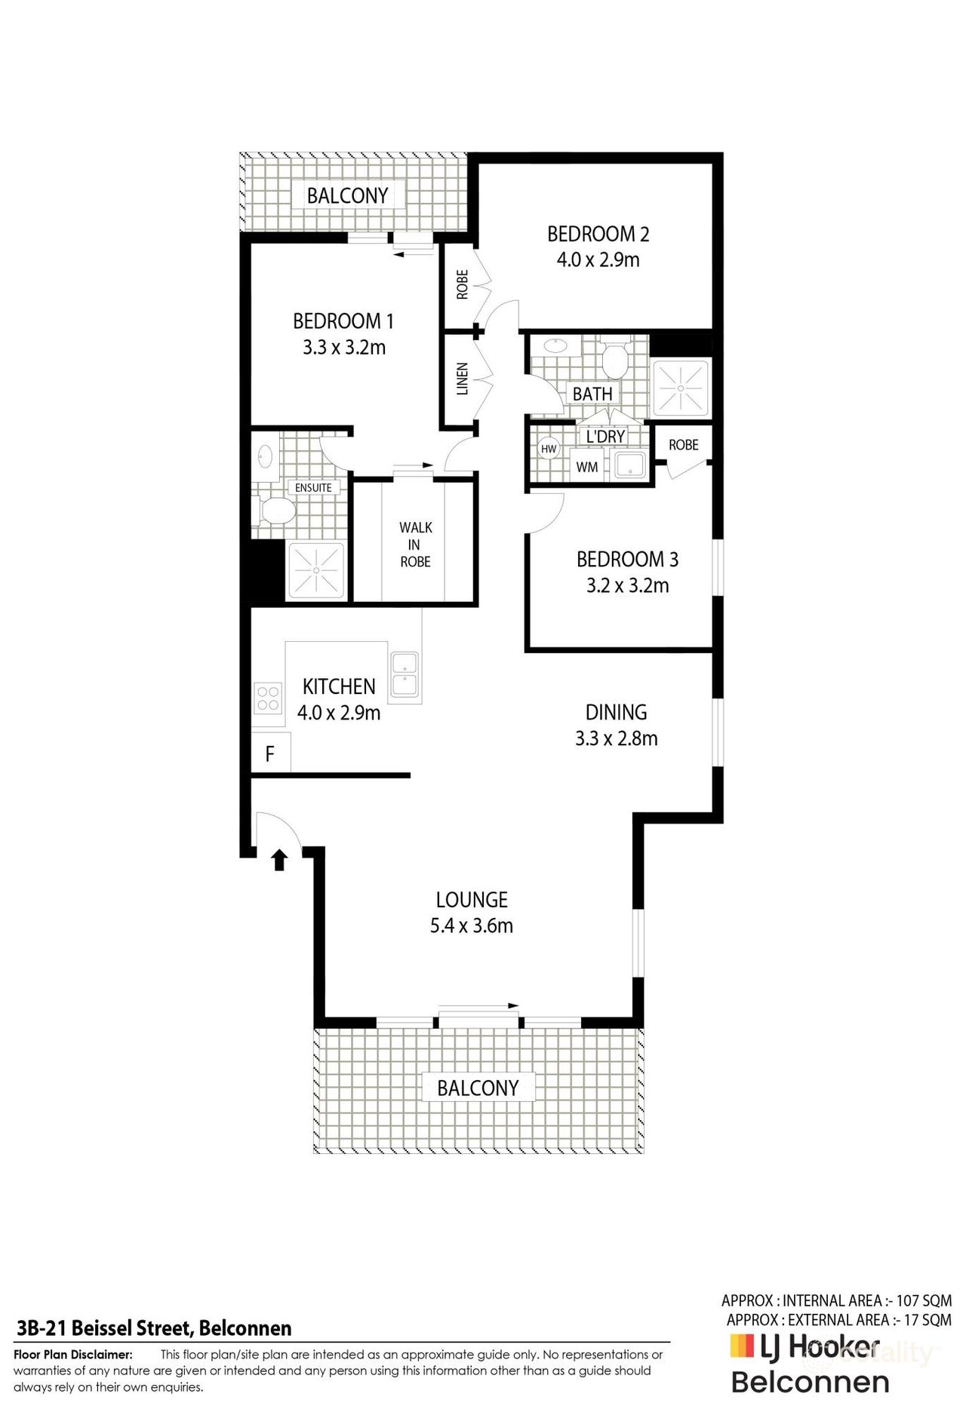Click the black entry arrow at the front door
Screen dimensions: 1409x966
[279, 859]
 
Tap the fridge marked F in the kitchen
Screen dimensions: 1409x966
[270, 753]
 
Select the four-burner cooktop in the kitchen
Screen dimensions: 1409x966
[268, 697]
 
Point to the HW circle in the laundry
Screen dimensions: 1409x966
[549, 449]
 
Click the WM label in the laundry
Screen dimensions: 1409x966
[586, 467]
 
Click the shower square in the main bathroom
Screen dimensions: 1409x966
[681, 388]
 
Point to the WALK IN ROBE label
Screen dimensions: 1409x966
[415, 545]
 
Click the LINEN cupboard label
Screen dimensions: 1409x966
[463, 379]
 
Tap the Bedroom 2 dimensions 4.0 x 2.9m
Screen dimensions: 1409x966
[598, 260]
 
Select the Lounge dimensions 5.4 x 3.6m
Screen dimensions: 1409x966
[472, 926]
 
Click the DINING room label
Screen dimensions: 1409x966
[616, 711]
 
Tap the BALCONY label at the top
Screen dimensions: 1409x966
[347, 195]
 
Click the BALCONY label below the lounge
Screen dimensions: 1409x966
[478, 1087]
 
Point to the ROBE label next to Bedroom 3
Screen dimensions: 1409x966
[683, 444]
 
